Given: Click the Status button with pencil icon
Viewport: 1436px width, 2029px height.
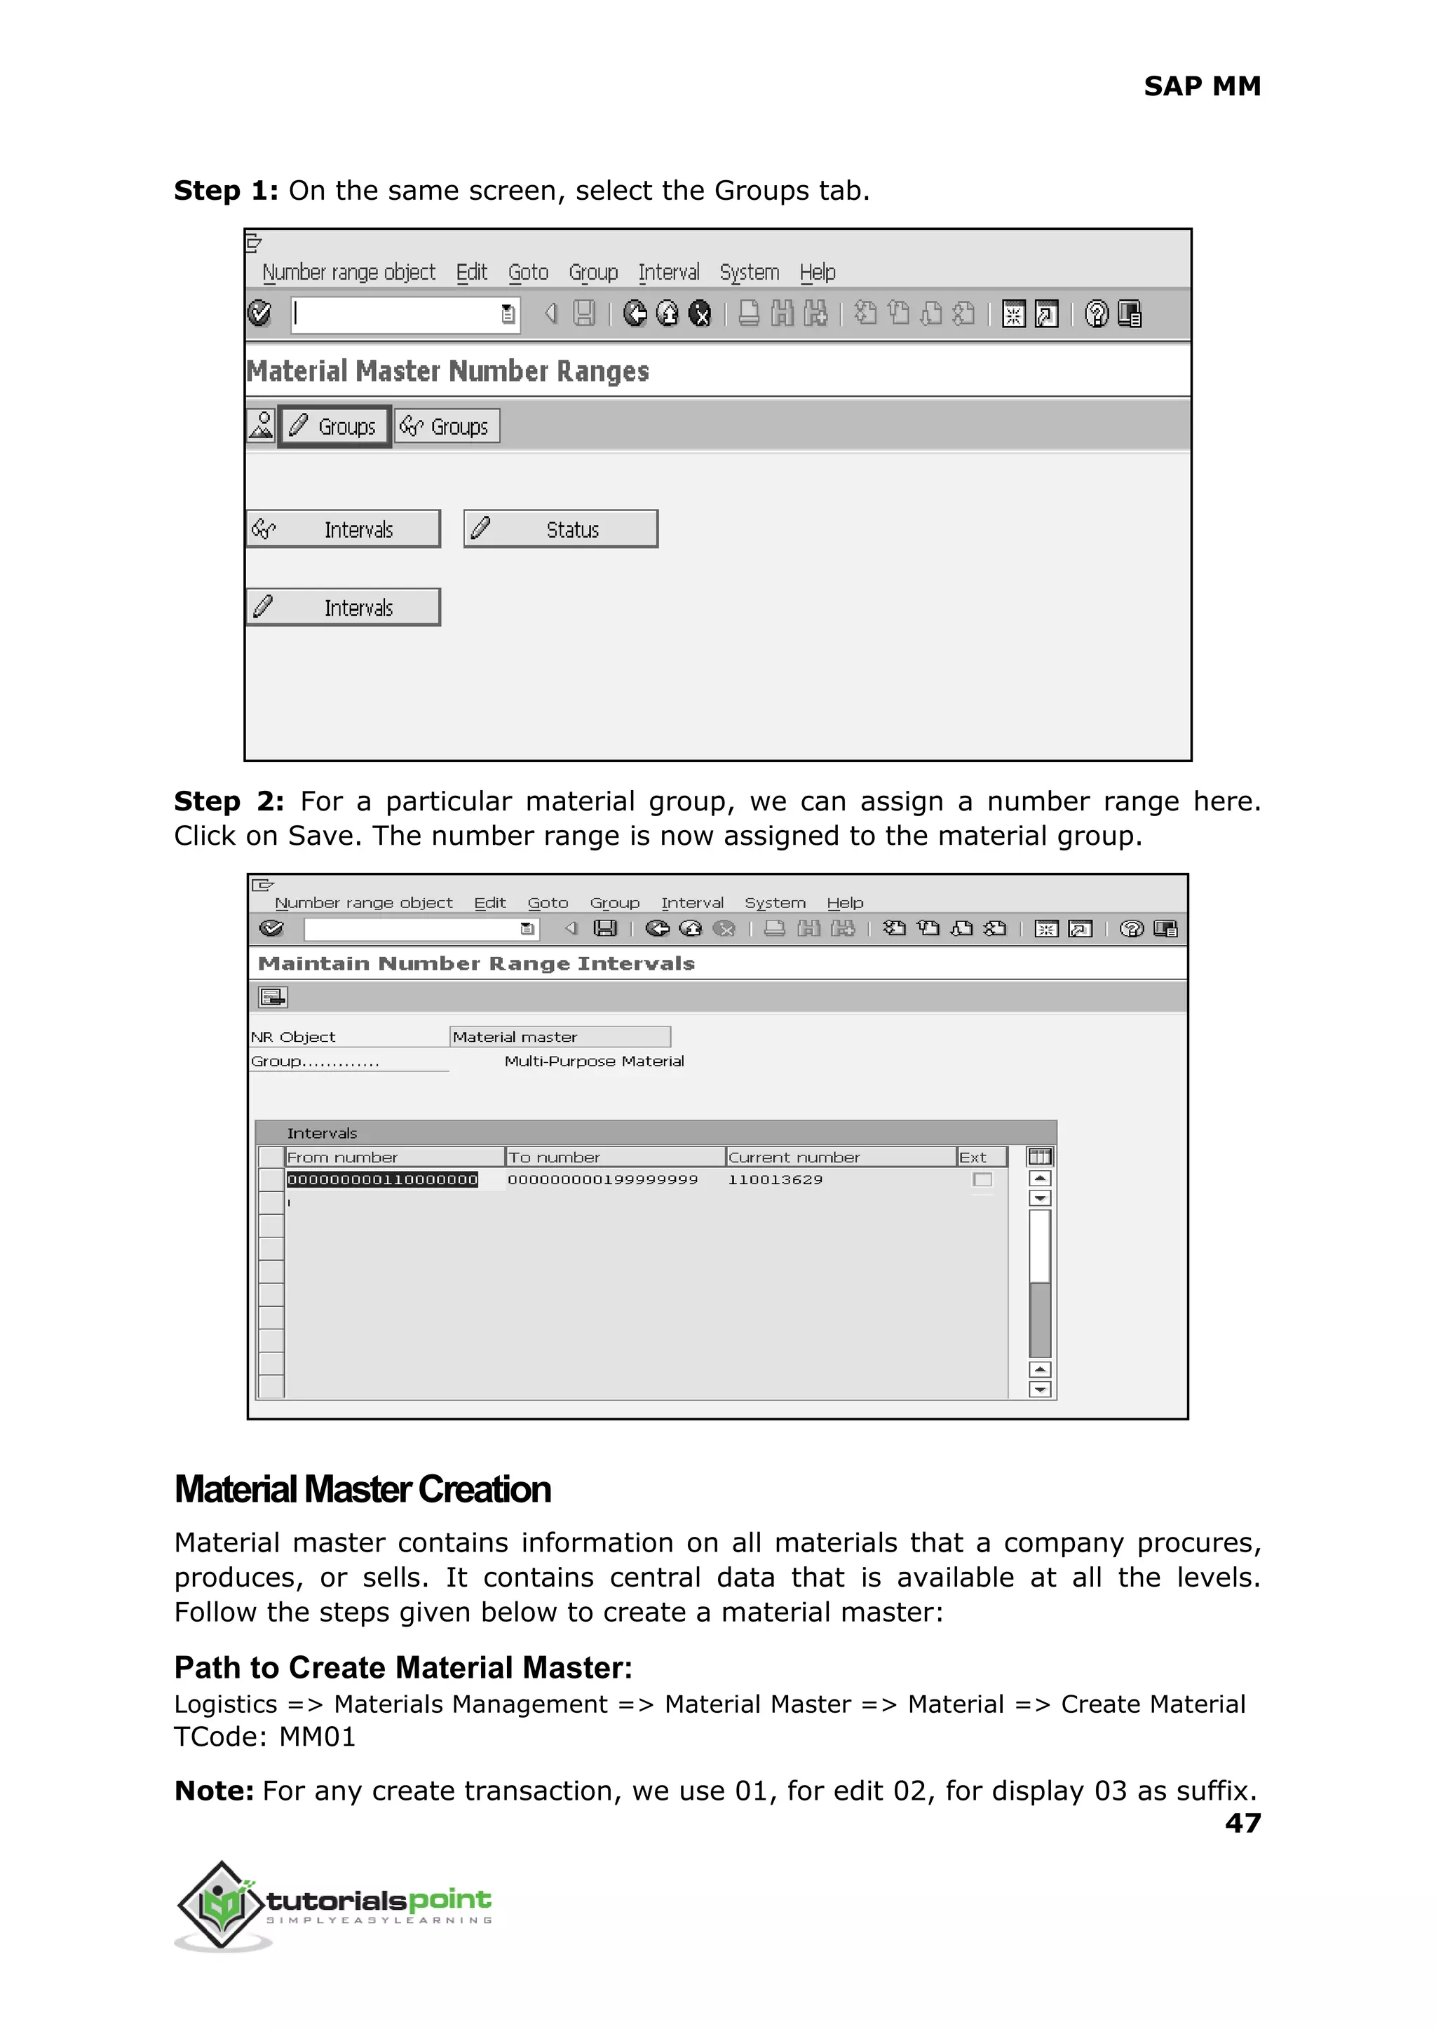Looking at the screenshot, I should coord(561,529).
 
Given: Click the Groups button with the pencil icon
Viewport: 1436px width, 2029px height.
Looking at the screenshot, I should coord(334,427).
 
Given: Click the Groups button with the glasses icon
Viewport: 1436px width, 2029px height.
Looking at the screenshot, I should coord(447,427).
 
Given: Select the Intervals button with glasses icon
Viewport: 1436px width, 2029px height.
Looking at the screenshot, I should coord(343,529).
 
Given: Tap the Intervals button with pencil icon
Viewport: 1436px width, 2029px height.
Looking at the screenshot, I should coord(343,609).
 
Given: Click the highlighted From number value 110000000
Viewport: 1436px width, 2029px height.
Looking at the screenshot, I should coord(382,1179).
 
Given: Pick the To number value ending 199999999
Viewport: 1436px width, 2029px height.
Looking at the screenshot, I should coord(602,1179).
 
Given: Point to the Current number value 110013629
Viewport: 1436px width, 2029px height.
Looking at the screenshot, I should coord(775,1179).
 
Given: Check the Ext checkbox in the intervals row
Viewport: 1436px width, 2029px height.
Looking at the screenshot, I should coord(982,1179).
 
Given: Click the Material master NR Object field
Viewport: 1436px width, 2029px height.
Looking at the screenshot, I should coord(559,1037).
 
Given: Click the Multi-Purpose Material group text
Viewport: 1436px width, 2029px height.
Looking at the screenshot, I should coord(593,1061).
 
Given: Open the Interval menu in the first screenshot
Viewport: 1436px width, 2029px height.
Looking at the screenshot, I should coord(668,272).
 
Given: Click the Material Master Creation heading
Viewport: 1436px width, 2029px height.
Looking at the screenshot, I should coord(363,1490).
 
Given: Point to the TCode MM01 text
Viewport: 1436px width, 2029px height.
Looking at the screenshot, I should coord(265,1737).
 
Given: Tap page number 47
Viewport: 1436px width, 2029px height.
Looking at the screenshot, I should coord(1242,1822).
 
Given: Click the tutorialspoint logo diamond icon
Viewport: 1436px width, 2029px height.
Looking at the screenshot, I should coord(221,1904).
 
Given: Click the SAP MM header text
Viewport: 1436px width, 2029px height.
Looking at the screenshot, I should coord(1202,86).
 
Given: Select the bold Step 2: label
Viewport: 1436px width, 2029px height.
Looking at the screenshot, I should coord(228,801).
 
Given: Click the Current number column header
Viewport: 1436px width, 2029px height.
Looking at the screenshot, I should coord(794,1158).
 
